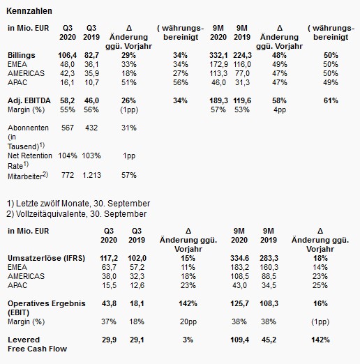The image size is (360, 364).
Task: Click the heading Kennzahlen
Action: click(29, 11)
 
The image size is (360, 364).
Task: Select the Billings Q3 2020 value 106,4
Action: click(68, 55)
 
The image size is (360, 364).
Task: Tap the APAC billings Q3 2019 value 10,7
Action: click(91, 82)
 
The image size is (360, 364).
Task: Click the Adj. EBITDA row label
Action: click(29, 100)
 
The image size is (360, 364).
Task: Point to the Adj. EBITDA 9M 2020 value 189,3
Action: click(218, 100)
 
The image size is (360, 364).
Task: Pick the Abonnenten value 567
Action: click(68, 128)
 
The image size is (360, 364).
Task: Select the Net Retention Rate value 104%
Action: click(68, 156)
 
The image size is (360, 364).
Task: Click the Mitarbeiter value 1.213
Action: click(91, 175)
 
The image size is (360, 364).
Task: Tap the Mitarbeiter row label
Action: click(28, 176)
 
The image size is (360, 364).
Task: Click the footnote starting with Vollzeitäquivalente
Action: click(77, 214)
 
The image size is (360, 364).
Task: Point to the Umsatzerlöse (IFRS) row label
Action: click(46, 258)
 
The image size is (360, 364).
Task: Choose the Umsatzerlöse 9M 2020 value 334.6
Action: click(239, 258)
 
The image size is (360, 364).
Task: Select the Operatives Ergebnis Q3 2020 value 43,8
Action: click(109, 303)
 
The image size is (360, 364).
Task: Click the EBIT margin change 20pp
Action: click(188, 321)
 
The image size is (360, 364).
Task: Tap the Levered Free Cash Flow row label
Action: click(37, 344)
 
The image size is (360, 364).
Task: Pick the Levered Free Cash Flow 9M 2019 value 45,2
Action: click(269, 340)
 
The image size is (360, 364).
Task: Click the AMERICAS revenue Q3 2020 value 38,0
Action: click(109, 276)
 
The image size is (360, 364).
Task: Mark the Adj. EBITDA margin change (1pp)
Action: click(129, 109)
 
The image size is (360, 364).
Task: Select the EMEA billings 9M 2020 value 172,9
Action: click(218, 64)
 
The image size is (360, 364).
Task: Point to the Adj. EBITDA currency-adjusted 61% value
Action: click(331, 100)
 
